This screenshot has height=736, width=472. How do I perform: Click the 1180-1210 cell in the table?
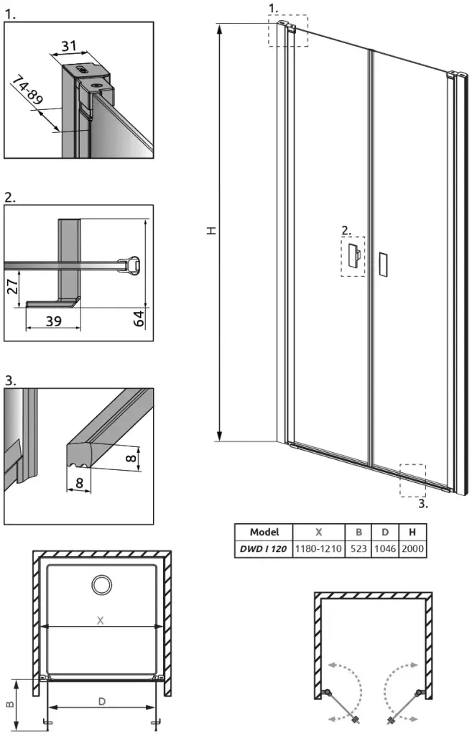point(318,548)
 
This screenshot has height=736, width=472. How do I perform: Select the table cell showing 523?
point(358,548)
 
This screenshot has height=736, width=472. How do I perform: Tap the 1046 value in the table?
point(385,548)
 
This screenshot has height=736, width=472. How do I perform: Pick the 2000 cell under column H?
point(412,548)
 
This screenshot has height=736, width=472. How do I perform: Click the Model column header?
point(264,532)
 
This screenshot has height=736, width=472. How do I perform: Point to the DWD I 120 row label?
point(263,548)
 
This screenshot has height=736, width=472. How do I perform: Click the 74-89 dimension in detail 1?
point(28,89)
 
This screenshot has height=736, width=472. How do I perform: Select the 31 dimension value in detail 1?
point(69,45)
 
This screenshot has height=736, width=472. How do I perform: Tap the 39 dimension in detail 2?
point(53,321)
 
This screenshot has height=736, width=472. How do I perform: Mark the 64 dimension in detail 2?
point(139,318)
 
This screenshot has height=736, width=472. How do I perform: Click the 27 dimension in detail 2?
point(13,285)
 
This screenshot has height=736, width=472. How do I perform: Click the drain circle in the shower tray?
point(102,585)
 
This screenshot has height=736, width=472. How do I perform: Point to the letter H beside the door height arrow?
point(212,231)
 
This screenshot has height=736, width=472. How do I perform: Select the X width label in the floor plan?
point(100,620)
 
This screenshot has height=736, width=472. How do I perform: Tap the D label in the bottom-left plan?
point(102,701)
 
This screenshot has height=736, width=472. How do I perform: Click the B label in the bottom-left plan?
point(9,704)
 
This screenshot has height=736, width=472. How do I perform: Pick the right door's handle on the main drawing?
point(382,264)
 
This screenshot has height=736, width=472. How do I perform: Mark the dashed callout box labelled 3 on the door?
point(413,480)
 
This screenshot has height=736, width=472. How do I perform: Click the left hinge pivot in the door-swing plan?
point(327,692)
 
